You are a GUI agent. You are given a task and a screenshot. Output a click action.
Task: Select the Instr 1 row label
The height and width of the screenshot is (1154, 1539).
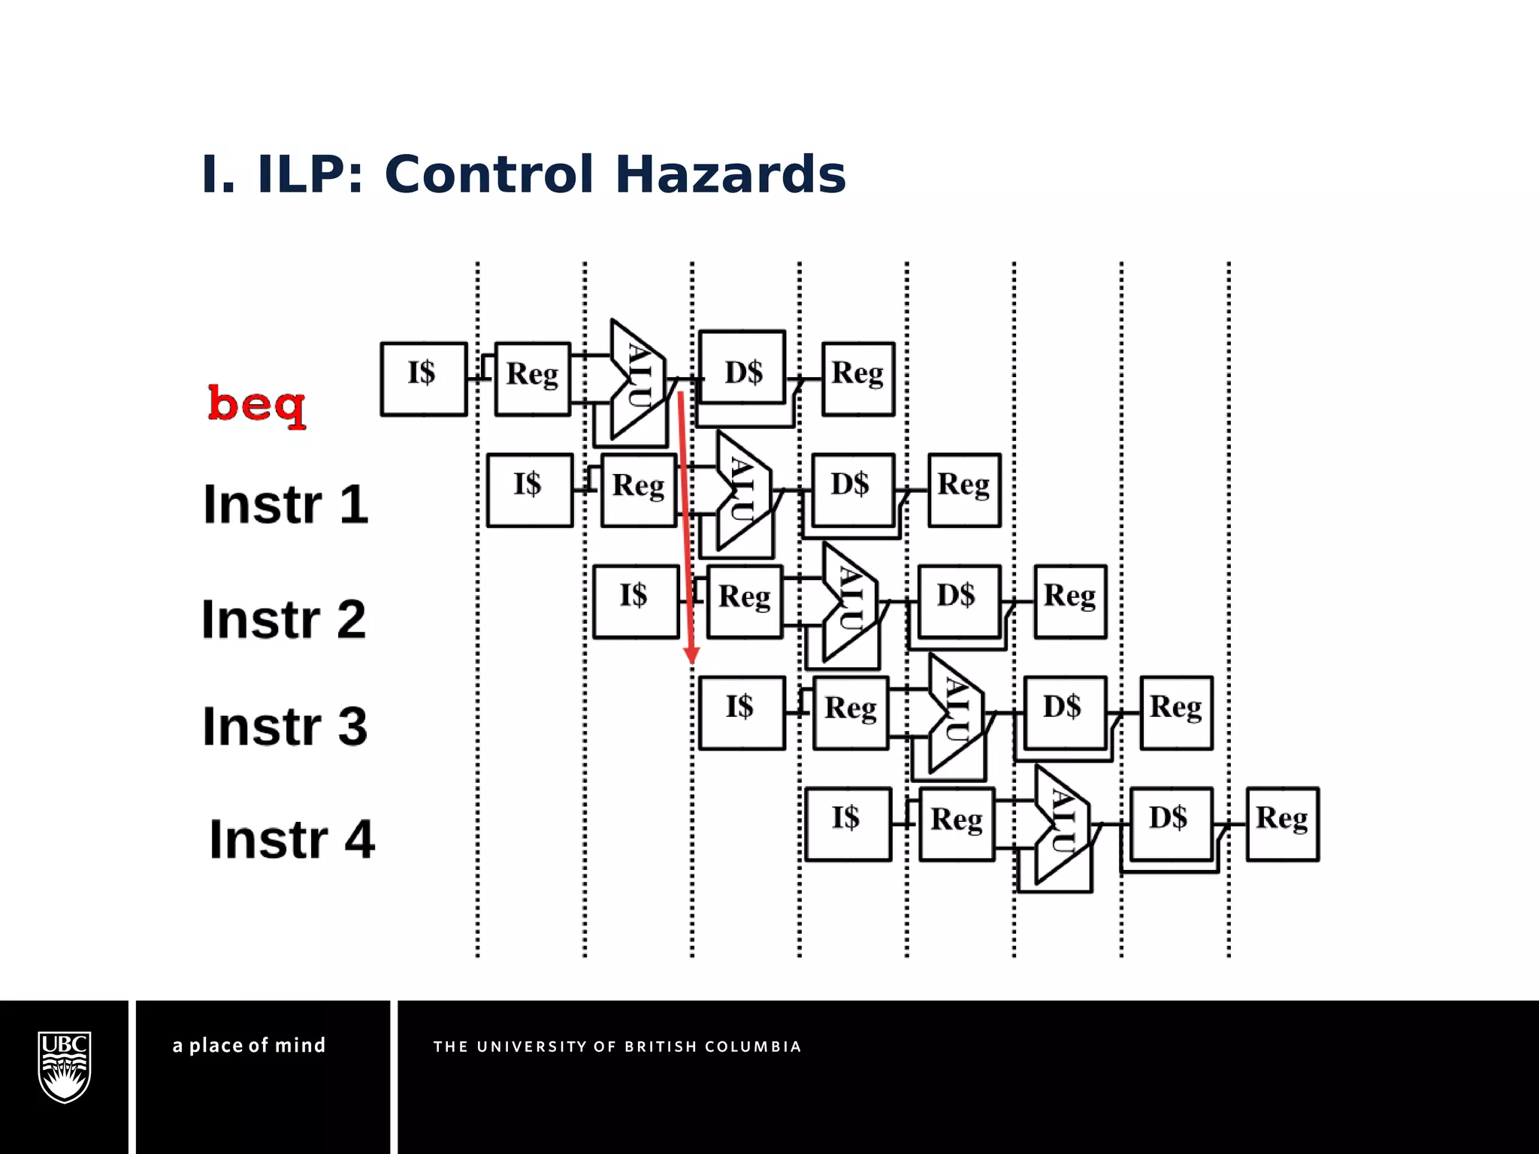tap(286, 504)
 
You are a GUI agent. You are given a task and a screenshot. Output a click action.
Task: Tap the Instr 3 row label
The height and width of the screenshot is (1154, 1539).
tap(285, 727)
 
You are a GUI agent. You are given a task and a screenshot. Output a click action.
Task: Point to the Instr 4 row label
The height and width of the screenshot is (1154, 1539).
tap(292, 839)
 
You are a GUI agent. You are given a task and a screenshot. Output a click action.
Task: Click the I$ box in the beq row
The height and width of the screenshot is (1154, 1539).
tap(423, 379)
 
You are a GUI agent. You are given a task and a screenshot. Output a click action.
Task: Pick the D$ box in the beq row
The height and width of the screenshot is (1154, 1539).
tap(742, 367)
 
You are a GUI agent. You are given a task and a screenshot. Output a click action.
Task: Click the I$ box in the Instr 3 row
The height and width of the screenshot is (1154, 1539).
tap(741, 713)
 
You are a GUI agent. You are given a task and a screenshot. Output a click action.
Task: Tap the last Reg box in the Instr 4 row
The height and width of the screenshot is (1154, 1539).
tap(1282, 824)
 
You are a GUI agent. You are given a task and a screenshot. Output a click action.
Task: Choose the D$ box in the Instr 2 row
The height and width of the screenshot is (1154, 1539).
tap(958, 601)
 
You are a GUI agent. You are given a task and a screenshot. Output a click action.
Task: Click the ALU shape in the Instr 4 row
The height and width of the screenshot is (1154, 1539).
tap(1061, 824)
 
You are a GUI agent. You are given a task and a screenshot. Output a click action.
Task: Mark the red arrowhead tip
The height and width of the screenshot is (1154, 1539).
tap(692, 662)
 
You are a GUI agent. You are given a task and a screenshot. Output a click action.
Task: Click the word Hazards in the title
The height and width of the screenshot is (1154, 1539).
tap(730, 174)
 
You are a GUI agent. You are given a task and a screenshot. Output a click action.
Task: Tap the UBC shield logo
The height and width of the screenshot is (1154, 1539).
tap(65, 1067)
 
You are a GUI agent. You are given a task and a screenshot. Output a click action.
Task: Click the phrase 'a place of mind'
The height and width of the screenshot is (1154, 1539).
tap(249, 1046)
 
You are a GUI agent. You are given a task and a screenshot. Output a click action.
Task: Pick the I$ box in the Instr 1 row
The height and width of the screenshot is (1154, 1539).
tap(529, 490)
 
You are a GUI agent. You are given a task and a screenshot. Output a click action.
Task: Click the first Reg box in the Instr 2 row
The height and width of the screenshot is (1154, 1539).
tap(744, 601)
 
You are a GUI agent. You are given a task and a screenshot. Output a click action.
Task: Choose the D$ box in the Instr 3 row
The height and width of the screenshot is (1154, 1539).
tap(1064, 712)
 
